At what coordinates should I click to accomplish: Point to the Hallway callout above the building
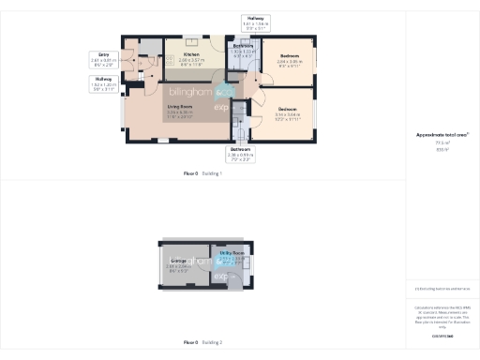pyautogui.click(x=256, y=23)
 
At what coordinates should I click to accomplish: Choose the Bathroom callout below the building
pyautogui.click(x=241, y=156)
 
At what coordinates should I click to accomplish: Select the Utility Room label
pyautogui.click(x=232, y=257)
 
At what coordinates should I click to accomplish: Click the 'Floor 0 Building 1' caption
pyautogui.click(x=202, y=173)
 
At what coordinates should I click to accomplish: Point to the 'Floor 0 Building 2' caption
pyautogui.click(x=202, y=343)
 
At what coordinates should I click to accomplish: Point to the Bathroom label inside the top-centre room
pyautogui.click(x=244, y=49)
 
